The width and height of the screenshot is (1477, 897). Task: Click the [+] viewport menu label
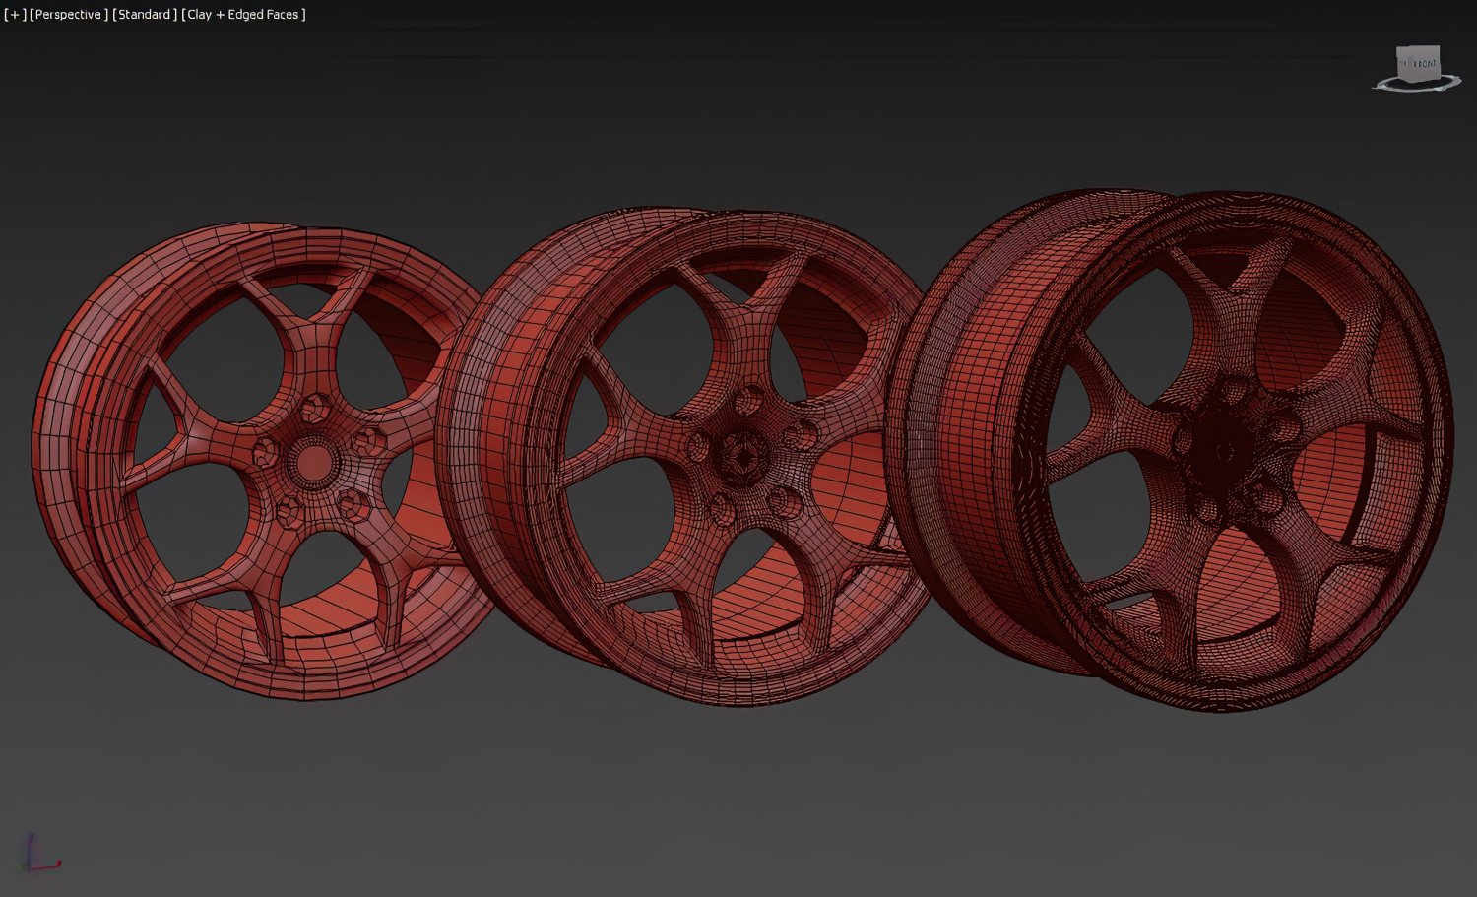(x=15, y=15)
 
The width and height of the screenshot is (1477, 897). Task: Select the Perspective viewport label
(x=68, y=15)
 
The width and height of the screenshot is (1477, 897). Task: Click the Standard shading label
(x=145, y=15)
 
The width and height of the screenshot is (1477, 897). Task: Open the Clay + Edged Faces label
(x=244, y=15)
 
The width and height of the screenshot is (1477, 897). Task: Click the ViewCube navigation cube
(x=1419, y=65)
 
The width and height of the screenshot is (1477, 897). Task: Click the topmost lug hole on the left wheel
(x=318, y=407)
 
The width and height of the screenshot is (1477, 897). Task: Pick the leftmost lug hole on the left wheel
(x=265, y=452)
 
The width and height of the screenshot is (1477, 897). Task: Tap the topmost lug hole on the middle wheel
(x=748, y=400)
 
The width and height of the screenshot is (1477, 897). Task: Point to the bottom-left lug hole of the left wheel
(x=289, y=508)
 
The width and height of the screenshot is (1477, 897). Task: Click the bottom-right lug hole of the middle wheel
(x=784, y=500)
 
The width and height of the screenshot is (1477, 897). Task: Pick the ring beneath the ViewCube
(x=1419, y=88)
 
